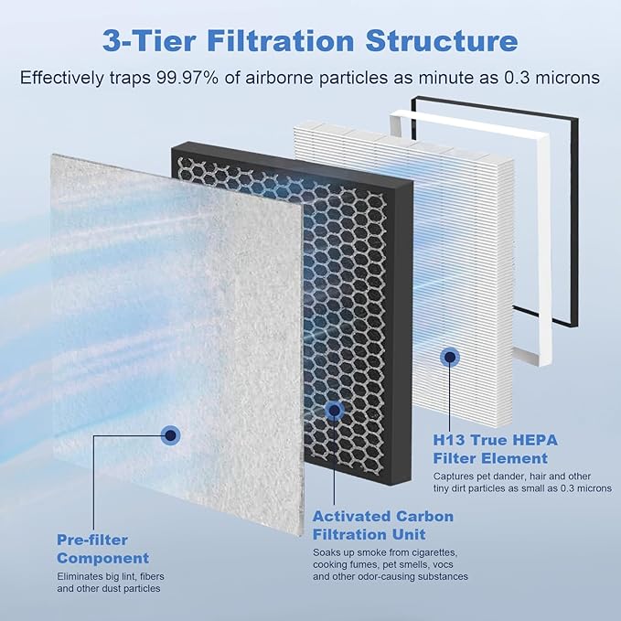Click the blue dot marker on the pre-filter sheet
click(169, 435)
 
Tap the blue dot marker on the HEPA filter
click(449, 357)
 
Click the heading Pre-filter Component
click(102, 549)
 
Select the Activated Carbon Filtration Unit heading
click(382, 525)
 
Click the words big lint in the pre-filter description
click(119, 578)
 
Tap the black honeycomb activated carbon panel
click(366, 302)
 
